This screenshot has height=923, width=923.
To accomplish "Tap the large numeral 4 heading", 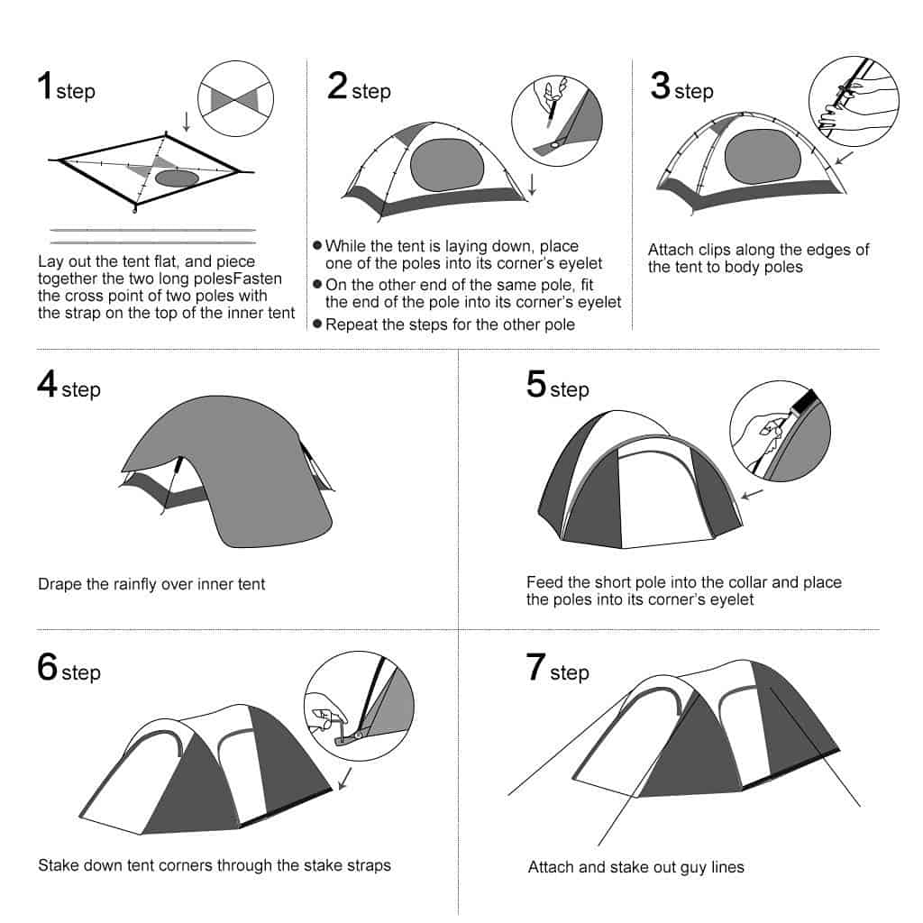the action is (x=47, y=384).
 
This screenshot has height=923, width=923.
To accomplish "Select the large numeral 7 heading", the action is (x=535, y=667).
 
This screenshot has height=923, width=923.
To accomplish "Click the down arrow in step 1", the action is (x=187, y=122).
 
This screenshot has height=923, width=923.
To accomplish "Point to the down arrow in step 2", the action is (x=532, y=184).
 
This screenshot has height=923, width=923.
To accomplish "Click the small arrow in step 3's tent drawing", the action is (x=844, y=158).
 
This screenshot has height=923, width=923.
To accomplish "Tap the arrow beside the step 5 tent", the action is (x=752, y=494).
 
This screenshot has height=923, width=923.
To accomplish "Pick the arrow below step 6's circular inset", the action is (x=345, y=778).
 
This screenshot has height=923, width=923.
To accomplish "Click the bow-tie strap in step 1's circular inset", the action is (x=235, y=99).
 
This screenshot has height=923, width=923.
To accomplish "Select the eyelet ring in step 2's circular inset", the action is (x=553, y=144).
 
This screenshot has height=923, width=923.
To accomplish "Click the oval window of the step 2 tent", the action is (x=447, y=165).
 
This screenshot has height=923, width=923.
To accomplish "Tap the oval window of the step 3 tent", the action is (x=763, y=156).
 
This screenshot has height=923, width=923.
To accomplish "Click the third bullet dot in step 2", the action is (x=317, y=324).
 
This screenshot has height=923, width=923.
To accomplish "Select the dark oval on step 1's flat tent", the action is (x=178, y=178).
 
